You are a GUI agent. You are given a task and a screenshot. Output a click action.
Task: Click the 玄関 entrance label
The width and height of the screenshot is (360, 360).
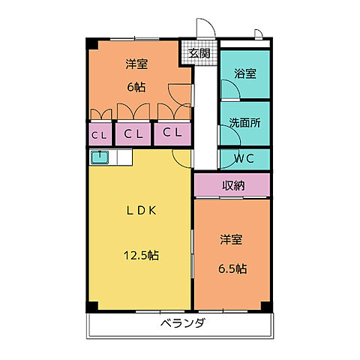[199, 53]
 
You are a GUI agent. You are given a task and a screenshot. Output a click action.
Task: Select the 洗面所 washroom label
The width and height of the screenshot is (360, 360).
[245, 122]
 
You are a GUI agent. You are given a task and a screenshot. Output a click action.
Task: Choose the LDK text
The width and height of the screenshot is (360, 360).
[140, 211]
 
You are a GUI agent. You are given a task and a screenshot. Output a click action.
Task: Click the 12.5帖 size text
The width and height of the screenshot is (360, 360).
[141, 255]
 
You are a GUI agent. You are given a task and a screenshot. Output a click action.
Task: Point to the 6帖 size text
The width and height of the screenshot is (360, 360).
[136, 86]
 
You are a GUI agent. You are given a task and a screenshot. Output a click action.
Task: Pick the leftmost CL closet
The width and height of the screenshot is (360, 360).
[98, 135]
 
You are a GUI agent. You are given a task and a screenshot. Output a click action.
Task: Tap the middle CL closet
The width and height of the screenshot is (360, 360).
[134, 134]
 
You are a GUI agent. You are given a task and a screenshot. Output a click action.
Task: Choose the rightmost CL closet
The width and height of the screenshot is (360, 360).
[172, 134]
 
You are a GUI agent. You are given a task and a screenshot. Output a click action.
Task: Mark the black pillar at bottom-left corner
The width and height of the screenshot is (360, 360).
[91, 307]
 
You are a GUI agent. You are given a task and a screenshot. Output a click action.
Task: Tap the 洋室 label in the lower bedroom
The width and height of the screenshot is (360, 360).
[231, 240]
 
